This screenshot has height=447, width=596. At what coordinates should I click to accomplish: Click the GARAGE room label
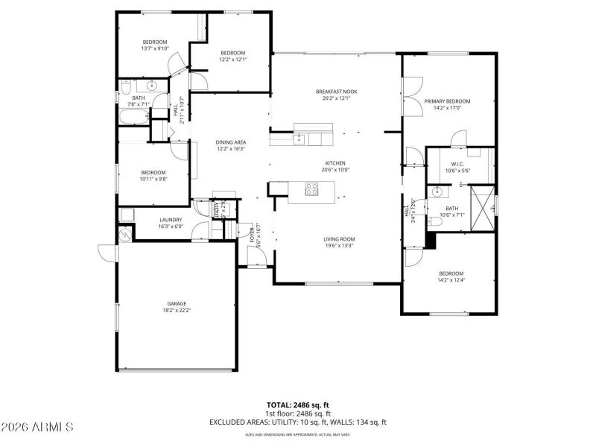(176, 303)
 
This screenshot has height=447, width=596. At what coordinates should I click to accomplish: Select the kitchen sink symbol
(299, 138)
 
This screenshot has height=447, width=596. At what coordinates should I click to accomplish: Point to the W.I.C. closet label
(457, 165)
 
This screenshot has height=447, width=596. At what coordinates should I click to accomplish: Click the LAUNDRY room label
(171, 220)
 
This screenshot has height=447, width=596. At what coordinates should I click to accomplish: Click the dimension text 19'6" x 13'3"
(337, 246)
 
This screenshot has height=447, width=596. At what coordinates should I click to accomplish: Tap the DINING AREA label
(231, 142)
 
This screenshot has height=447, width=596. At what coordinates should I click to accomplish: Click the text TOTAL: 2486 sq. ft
(297, 405)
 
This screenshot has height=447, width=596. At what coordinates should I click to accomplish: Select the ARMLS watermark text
(37, 428)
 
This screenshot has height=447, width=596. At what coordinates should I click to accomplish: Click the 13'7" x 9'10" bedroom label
(155, 48)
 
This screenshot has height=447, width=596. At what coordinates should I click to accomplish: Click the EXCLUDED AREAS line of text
(297, 422)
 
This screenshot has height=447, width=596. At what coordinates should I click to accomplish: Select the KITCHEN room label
(335, 163)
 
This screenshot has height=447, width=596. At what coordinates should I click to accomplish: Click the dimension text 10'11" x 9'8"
(154, 179)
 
